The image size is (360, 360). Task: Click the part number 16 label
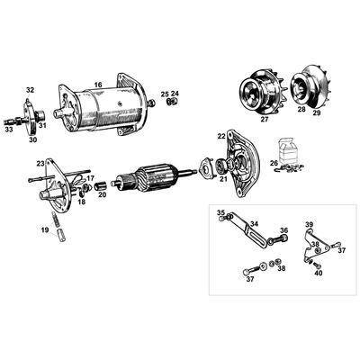98,85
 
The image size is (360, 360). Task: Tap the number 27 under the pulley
264,120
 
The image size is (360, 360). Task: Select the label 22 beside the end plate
221,136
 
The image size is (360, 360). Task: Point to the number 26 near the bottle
274,164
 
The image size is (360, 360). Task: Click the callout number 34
254,224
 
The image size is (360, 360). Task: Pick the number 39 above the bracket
309,224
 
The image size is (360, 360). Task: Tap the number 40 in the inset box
319,274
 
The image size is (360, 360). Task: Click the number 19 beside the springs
45,230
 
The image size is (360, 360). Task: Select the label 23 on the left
40,164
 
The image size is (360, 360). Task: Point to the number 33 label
9,130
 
